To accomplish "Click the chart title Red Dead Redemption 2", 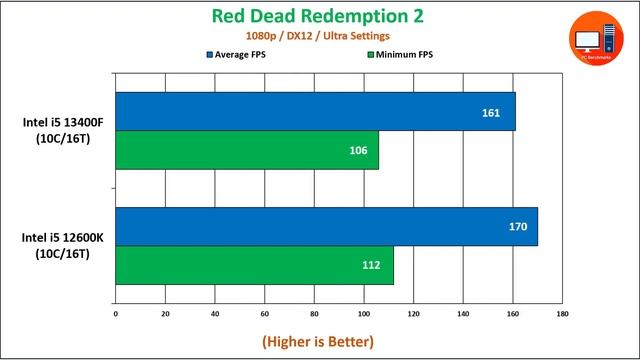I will click(319, 16).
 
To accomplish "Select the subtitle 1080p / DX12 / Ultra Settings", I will click(319, 36).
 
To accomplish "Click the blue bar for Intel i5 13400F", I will click(315, 112).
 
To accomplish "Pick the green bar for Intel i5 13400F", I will click(247, 150).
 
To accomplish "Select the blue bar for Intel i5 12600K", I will click(326, 226).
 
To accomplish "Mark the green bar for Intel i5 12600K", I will click(254, 264).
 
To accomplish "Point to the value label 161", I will click(490, 113).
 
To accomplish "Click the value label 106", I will click(358, 151).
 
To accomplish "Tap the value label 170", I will click(517, 227).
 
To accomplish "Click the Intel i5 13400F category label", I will click(56, 131).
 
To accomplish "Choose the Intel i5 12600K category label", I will click(56, 246).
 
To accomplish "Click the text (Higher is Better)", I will click(318, 341).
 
